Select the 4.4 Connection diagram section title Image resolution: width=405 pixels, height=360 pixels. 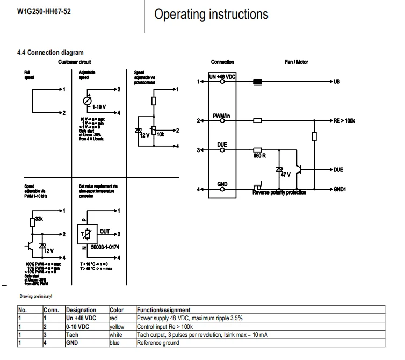(50, 52)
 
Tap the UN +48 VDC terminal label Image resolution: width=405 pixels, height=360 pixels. (222, 77)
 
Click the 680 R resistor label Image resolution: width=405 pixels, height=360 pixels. (260, 156)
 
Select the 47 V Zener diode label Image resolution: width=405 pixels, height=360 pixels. (285, 175)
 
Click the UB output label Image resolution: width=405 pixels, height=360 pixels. (337, 82)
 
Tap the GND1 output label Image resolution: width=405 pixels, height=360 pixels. (339, 190)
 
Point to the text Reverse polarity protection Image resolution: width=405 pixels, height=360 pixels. (279, 192)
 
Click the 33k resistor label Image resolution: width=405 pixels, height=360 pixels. (39, 219)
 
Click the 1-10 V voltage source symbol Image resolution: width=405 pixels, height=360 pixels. (86, 101)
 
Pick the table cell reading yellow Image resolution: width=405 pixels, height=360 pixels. (117, 326)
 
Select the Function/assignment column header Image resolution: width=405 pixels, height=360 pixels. (163, 310)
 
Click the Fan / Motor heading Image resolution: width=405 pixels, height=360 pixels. (296, 62)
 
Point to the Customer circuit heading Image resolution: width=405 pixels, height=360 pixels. (75, 62)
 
